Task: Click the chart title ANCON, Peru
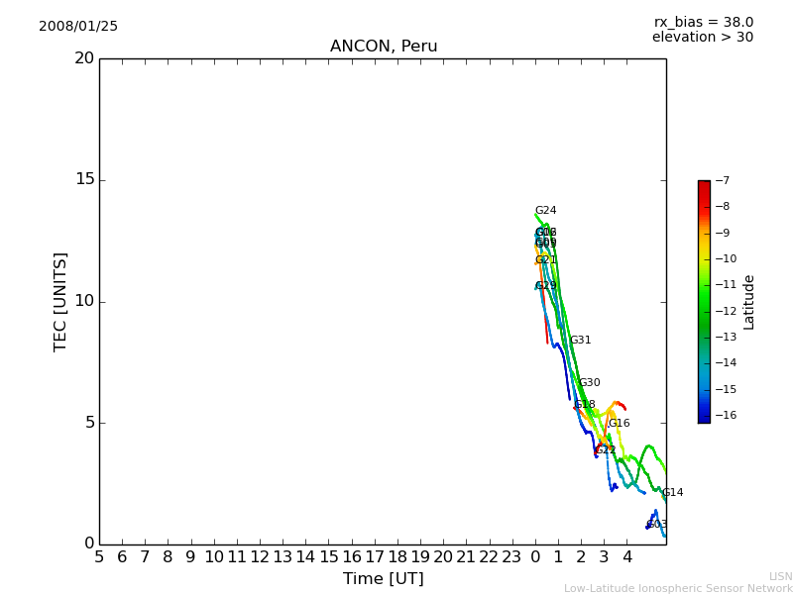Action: coord(384,47)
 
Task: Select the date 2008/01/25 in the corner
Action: coord(78,27)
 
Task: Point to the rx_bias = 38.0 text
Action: coord(703,23)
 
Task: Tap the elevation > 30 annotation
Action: coord(702,38)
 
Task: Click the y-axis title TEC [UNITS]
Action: coord(60,301)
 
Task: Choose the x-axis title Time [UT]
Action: coord(383,578)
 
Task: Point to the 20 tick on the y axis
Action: coord(84,58)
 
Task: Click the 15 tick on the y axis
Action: coord(84,180)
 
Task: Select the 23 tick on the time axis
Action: coord(511,557)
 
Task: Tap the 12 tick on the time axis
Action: coord(260,557)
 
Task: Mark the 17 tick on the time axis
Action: coord(375,557)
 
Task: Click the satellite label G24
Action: coord(546,211)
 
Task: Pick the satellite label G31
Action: coord(580,341)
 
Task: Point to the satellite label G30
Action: coord(590,383)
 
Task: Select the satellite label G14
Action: coord(673,493)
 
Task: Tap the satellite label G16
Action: coord(620,424)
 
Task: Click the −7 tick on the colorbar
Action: coord(724,181)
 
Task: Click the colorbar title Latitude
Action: coord(749,301)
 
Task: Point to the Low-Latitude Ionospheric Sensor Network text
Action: coord(678,589)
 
